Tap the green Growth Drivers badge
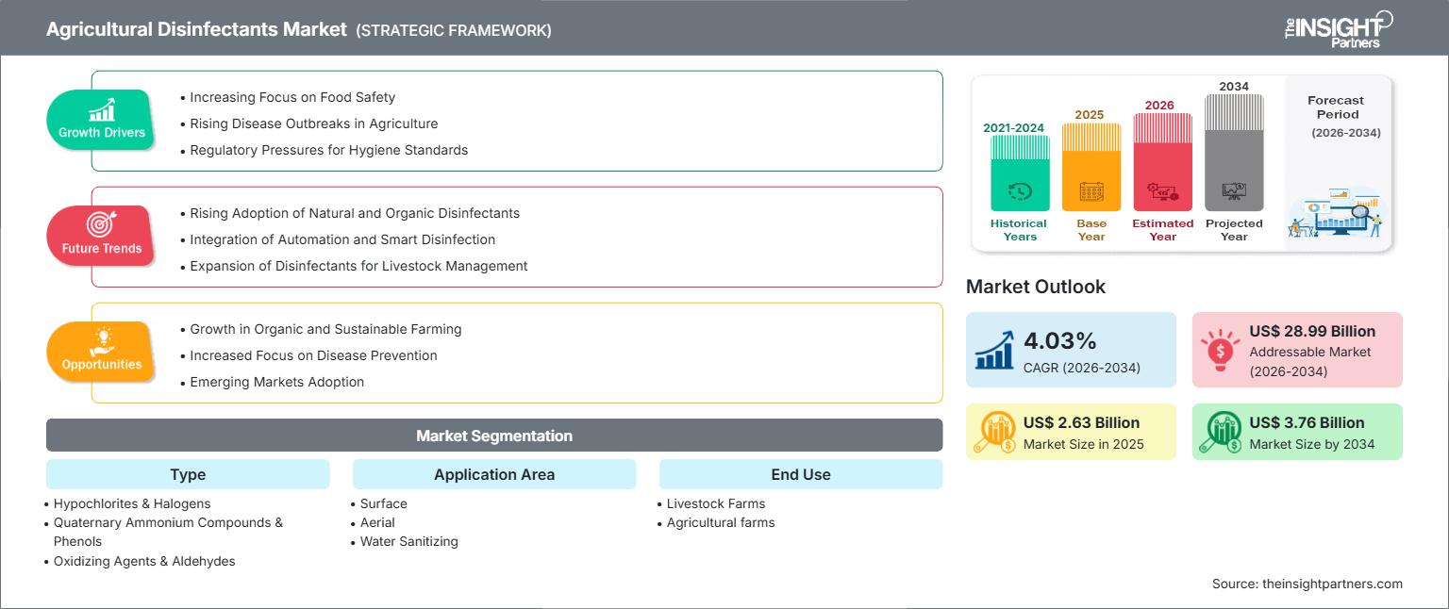tap(102, 121)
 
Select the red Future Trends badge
tap(102, 236)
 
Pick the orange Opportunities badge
tap(102, 352)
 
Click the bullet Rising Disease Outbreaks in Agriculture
tap(309, 123)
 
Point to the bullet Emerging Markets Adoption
tap(273, 382)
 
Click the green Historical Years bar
tap(1020, 173)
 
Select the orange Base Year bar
tap(1091, 167)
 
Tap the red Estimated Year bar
tap(1162, 162)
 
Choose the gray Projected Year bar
tap(1234, 153)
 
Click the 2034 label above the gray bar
tap(1234, 86)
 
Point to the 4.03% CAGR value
tap(1059, 340)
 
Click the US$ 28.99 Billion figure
tap(1312, 331)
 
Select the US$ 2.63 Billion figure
tap(1081, 422)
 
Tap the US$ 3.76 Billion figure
tap(1307, 422)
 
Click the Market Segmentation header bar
tap(494, 436)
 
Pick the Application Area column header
tap(494, 474)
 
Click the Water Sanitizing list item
tap(408, 542)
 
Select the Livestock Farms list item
tap(715, 503)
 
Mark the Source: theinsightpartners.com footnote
tap(1307, 584)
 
